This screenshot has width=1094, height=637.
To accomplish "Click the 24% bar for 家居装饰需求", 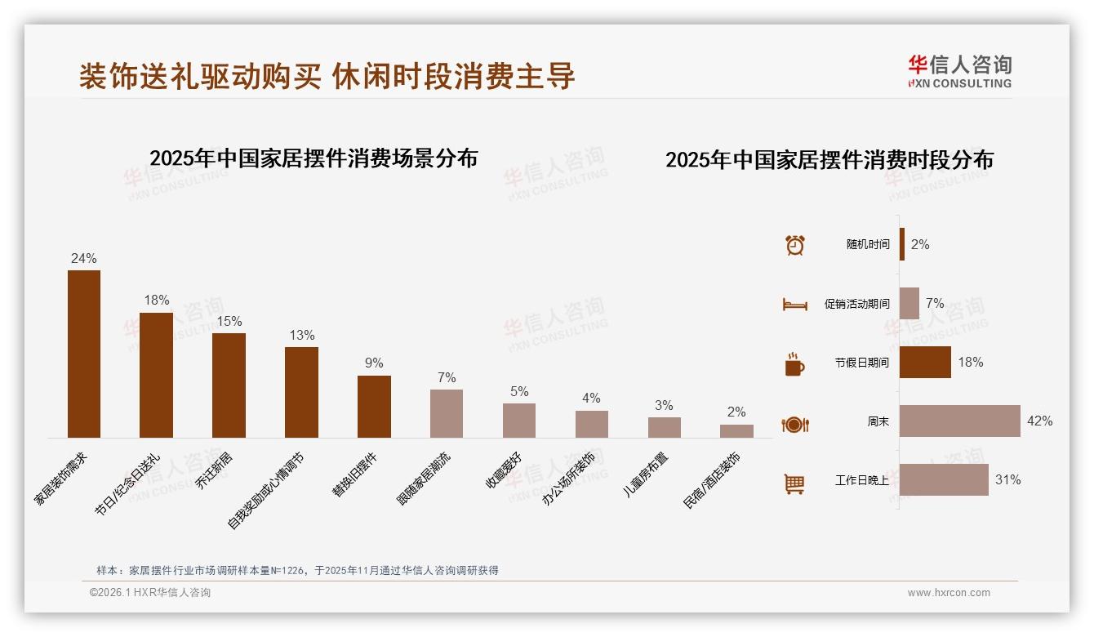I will [x=83, y=354].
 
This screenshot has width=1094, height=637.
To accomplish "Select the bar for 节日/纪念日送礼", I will [x=156, y=375].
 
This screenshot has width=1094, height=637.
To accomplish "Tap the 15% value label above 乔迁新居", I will [x=229, y=321].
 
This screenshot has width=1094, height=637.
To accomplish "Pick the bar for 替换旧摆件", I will [x=374, y=406].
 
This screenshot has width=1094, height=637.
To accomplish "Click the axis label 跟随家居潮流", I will [x=425, y=477].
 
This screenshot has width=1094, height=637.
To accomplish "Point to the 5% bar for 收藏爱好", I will [x=519, y=421].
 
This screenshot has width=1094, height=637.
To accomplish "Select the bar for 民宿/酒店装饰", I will [x=736, y=430].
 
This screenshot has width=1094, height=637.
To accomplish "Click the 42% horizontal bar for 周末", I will [x=960, y=421].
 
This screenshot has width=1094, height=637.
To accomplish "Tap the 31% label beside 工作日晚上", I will [x=1007, y=480].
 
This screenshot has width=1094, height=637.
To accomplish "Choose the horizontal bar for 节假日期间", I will [x=925, y=362].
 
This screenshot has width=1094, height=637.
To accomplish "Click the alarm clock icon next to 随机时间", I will [x=794, y=245].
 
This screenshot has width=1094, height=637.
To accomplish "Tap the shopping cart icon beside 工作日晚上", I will [x=794, y=483].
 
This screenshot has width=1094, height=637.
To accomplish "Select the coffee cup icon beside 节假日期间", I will [x=794, y=364].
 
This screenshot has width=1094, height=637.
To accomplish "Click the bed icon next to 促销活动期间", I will [x=794, y=305].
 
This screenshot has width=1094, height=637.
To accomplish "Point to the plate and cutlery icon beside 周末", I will [x=794, y=424].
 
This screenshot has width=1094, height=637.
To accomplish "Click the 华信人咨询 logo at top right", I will [x=959, y=71].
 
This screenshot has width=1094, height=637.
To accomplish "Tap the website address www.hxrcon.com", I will [x=949, y=593].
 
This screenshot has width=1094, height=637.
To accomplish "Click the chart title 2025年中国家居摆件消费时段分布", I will [x=829, y=159].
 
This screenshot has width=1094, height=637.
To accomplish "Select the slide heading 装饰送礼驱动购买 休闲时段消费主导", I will [x=327, y=76].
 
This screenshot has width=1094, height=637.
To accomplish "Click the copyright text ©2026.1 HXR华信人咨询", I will [x=150, y=593].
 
